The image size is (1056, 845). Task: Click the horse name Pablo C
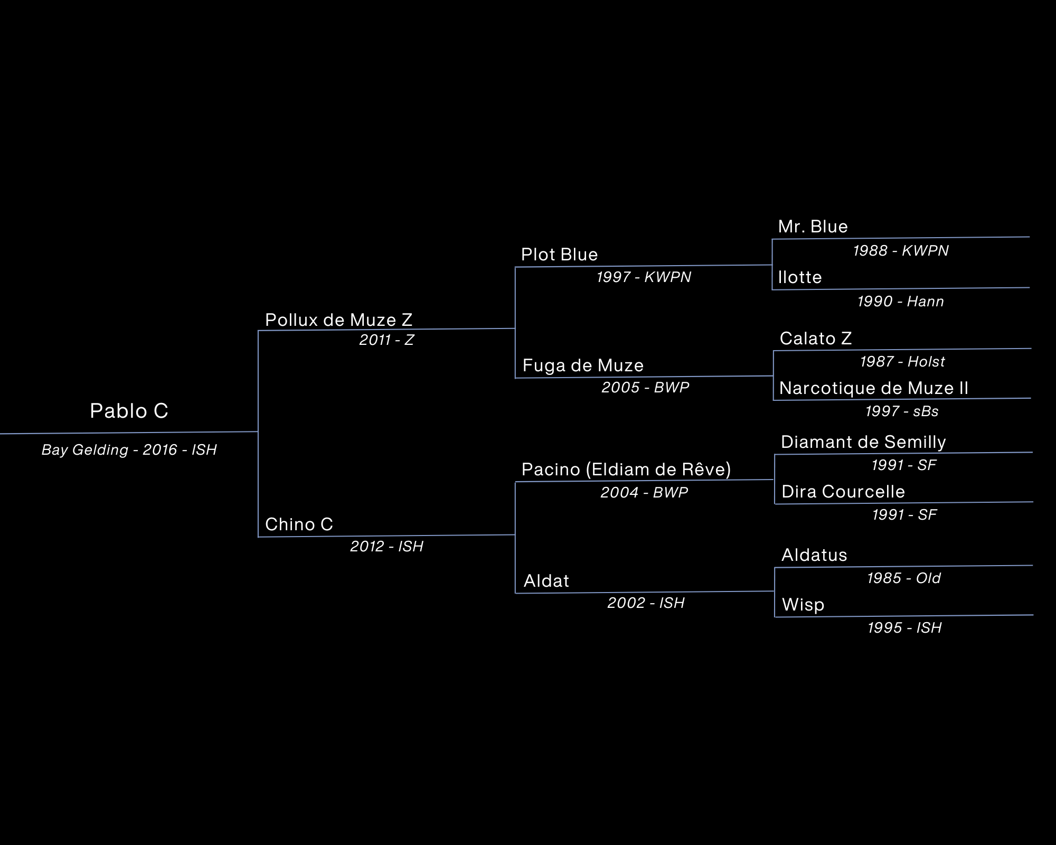(x=129, y=411)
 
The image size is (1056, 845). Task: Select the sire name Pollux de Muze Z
(x=338, y=320)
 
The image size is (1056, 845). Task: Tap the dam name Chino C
(x=299, y=524)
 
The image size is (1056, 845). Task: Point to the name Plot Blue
(x=559, y=255)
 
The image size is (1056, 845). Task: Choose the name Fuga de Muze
(x=583, y=365)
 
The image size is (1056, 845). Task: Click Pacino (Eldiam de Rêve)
(x=626, y=470)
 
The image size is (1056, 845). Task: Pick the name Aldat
(x=546, y=581)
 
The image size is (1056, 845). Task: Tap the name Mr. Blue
(x=813, y=227)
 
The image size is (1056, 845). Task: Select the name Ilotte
(x=800, y=277)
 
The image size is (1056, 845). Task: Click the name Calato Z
(x=816, y=338)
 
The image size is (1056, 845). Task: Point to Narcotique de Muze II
(x=874, y=388)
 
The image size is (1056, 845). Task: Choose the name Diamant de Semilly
(x=863, y=442)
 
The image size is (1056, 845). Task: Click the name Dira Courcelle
(x=843, y=492)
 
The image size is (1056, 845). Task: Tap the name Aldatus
(x=814, y=555)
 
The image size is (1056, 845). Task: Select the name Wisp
(x=803, y=605)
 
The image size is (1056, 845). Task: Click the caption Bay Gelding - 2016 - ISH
(x=129, y=450)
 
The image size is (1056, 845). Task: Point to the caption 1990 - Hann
(x=900, y=302)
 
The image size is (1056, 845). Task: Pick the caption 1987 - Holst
(x=902, y=362)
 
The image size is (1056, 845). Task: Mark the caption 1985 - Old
(x=904, y=578)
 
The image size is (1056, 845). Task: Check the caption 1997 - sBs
(x=902, y=411)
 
